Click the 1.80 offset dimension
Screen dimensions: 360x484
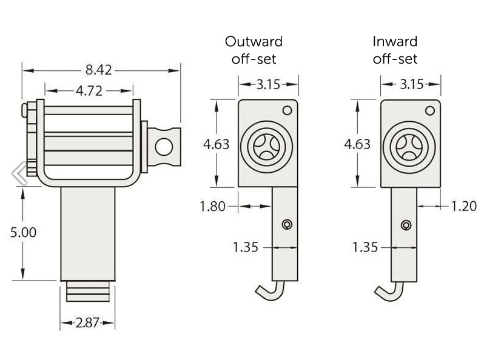212,206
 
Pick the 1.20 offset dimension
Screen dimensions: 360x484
463,206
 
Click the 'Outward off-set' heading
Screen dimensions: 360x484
254,50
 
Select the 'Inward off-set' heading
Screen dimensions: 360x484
395,50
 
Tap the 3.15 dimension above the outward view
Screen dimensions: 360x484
267,84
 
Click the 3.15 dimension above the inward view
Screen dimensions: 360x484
411,84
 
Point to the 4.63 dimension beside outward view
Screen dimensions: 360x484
216,144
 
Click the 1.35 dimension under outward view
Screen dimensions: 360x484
245,247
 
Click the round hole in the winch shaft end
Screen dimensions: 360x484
164,146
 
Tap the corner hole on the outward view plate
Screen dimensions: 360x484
287,110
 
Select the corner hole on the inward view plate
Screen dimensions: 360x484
430,110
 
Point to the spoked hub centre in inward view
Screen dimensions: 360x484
409,147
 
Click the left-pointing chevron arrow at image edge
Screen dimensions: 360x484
19,173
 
